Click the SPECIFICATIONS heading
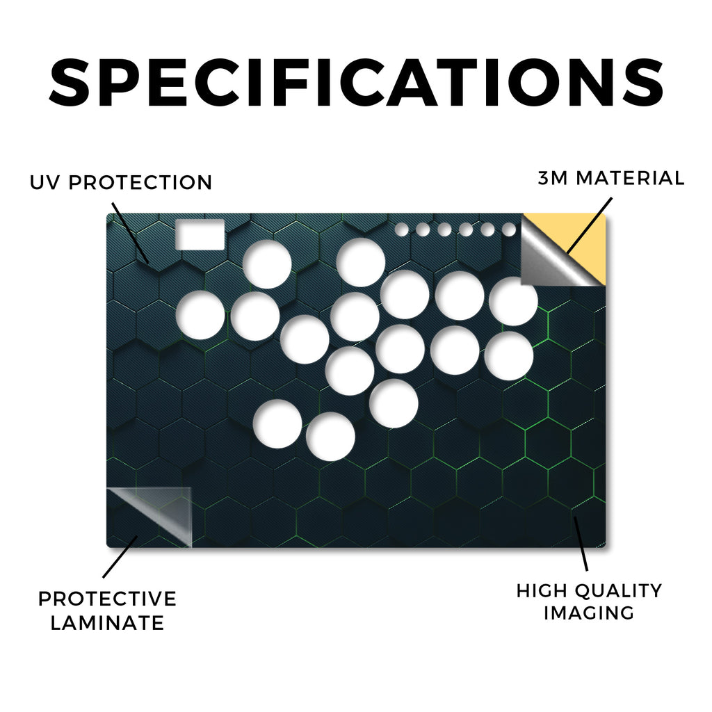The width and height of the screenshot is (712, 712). (357, 82)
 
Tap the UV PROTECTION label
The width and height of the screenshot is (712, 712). (121, 183)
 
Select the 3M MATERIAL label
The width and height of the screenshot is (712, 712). (611, 178)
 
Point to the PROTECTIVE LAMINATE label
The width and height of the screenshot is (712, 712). (107, 610)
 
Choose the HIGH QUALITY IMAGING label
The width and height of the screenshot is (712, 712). (589, 601)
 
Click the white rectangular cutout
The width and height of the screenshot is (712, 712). (200, 234)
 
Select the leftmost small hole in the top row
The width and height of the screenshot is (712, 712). (401, 229)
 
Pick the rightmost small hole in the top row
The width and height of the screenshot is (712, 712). (509, 229)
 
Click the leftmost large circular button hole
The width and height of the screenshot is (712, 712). (200, 315)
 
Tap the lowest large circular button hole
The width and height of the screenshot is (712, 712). (330, 437)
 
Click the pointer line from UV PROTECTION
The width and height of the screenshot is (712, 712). (130, 232)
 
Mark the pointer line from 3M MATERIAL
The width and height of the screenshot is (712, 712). (589, 225)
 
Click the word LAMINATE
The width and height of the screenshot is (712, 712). (107, 622)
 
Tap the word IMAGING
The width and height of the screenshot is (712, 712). (589, 613)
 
